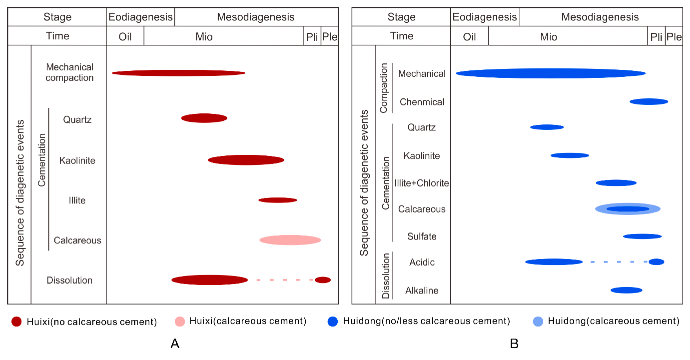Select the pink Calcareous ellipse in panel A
pyautogui.click(x=290, y=240)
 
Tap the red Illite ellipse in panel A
pyautogui.click(x=278, y=200)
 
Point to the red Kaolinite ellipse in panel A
pyautogui.click(x=246, y=160)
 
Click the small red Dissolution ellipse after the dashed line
pyautogui.click(x=323, y=280)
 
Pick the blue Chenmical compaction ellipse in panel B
pyautogui.click(x=649, y=102)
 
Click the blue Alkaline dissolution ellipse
pyautogui.click(x=626, y=290)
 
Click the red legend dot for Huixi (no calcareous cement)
pyautogui.click(x=17, y=322)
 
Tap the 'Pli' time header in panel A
pyautogui.click(x=312, y=37)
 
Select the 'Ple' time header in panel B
pyautogui.click(x=674, y=37)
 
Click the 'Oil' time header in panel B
pyautogui.click(x=469, y=37)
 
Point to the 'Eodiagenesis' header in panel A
pyautogui.click(x=141, y=17)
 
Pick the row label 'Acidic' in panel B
pyautogui.click(x=422, y=262)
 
